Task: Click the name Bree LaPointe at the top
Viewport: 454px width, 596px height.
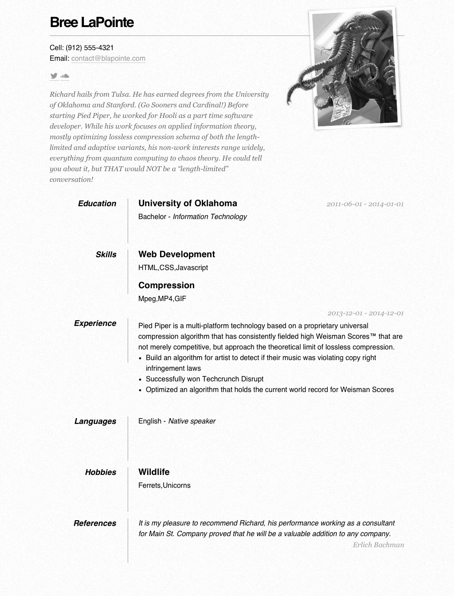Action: tap(92, 22)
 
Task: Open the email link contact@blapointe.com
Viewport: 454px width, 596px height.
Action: tap(108, 58)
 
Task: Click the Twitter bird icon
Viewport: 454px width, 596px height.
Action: tap(54, 76)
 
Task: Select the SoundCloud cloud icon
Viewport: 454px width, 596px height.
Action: tap(65, 76)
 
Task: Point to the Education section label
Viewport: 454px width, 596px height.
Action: tap(97, 204)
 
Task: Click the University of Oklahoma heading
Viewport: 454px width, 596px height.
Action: tap(188, 203)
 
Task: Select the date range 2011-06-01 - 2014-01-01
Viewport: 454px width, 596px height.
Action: tap(365, 204)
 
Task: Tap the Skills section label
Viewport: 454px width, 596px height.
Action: tap(106, 255)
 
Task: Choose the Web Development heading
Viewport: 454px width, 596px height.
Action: tap(176, 254)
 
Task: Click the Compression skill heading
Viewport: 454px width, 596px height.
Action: tap(166, 285)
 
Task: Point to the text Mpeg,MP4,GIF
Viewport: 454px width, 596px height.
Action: tap(162, 298)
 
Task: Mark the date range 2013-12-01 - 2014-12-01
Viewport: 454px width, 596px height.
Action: tap(365, 313)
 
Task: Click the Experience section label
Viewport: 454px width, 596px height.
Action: tap(95, 323)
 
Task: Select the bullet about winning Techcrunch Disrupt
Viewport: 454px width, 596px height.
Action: tap(204, 379)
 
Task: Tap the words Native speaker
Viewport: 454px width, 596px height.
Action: tap(192, 421)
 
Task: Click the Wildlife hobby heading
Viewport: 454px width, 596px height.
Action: tap(154, 472)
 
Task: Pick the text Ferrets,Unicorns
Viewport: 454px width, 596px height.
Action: tap(164, 485)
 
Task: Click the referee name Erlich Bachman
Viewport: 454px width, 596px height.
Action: tap(378, 545)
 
